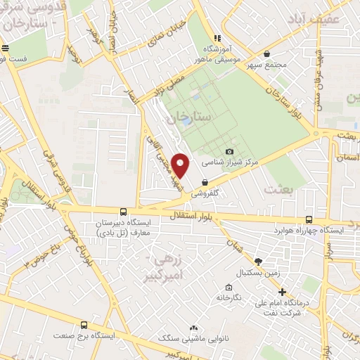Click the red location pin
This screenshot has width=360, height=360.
181,166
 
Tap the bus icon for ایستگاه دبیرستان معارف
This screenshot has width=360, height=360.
124,211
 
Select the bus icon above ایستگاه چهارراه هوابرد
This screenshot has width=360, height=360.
310,218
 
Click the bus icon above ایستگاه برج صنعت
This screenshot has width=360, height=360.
84,325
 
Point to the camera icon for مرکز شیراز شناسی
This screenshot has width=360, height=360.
229,151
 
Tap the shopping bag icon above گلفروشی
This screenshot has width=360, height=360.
204,182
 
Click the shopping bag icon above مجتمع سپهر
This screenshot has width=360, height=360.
266,53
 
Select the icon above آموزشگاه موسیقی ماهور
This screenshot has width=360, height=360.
217,38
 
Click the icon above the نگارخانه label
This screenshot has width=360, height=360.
229,287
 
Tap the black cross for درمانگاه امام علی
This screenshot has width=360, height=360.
282,292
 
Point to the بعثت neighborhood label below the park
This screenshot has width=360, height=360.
276,188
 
